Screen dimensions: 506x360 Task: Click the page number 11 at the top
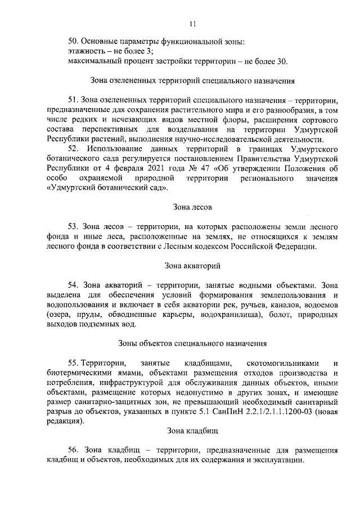pos(192,24)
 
